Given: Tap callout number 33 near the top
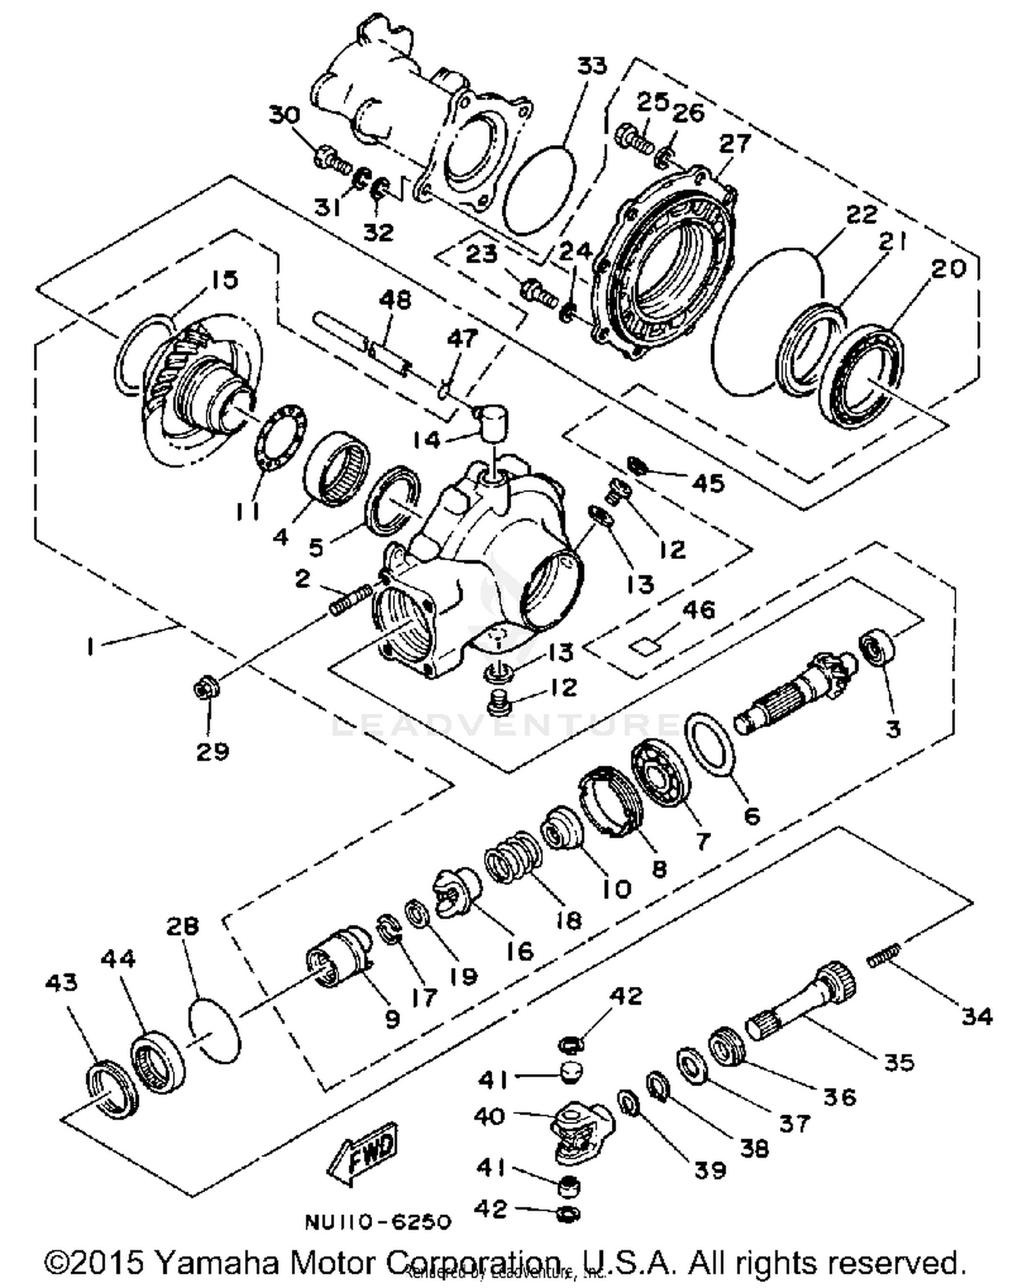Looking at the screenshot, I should pos(592,66).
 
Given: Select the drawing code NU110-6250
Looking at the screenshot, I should pos(378,1222).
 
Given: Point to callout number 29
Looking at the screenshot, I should pos(213,751).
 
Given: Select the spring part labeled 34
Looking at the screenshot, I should pos(885,957).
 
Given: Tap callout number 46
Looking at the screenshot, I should pos(698,610).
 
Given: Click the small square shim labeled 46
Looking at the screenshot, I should pos(644,646).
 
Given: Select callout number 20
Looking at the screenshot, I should pos(948,269).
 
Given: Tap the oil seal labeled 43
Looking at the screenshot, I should pos(113,1088).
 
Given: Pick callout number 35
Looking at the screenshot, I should pos(899,1062).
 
